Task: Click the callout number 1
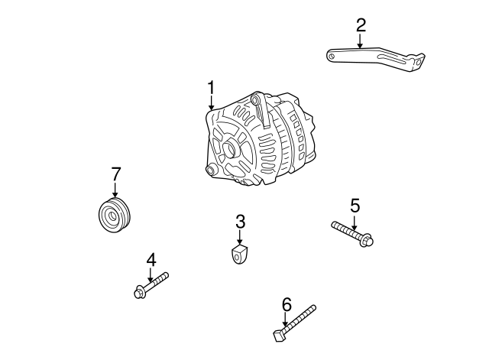(212, 88)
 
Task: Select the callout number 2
(360, 24)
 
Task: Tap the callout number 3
(240, 222)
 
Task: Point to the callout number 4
(151, 260)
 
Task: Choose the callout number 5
(355, 206)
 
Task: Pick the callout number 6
(287, 304)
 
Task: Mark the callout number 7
(115, 174)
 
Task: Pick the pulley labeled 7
(116, 214)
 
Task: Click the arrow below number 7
(115, 190)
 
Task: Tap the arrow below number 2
(360, 42)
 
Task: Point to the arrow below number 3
(240, 238)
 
